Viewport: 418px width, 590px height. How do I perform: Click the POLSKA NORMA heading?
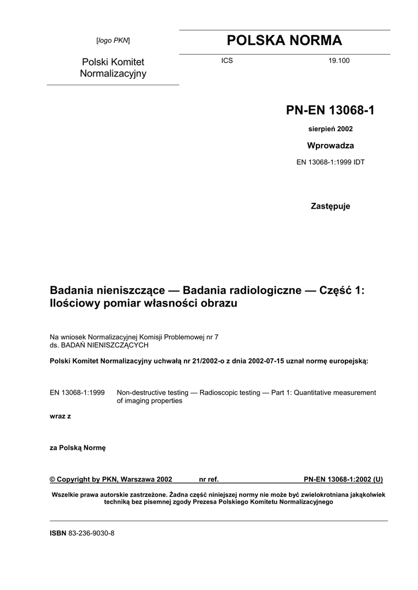[284, 40]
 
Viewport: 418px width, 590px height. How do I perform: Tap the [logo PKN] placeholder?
[113, 40]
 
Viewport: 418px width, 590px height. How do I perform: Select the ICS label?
[227, 60]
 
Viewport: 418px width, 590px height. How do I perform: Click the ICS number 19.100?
[339, 60]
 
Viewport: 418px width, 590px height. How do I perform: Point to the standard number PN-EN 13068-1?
[330, 110]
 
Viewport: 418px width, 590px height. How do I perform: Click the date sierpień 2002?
[330, 129]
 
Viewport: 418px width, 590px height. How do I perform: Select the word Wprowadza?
[330, 145]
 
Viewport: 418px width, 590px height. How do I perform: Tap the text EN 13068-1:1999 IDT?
[330, 162]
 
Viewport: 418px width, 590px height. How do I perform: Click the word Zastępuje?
[330, 206]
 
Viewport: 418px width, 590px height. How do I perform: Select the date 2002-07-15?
[268, 361]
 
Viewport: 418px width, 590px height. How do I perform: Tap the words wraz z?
[61, 415]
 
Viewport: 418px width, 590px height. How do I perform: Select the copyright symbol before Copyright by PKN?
[53, 479]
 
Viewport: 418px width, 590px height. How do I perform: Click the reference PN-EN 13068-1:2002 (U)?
[343, 479]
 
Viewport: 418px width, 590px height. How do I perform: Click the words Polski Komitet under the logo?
[113, 62]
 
